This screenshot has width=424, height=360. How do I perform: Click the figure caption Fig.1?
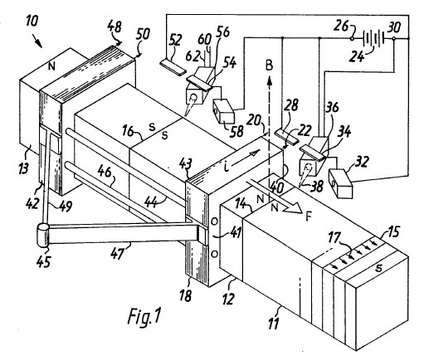pyautogui.click(x=144, y=316)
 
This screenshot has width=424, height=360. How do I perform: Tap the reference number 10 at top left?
pyautogui.click(x=32, y=21)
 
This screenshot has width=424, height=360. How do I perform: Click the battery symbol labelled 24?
pyautogui.click(x=373, y=38)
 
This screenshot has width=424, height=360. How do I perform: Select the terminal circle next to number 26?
pyautogui.click(x=352, y=38)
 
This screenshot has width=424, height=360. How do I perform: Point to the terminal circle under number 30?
pyautogui.click(x=394, y=38)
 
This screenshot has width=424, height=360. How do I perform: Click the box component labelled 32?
pyautogui.click(x=340, y=183)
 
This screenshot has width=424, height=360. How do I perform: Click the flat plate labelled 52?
pyautogui.click(x=173, y=67)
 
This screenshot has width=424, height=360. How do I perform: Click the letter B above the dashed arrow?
pyautogui.click(x=269, y=66)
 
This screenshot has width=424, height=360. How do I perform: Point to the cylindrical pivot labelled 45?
pyautogui.click(x=43, y=236)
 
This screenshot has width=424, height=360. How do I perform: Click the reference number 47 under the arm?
pyautogui.click(x=118, y=253)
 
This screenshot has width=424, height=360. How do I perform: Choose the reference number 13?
pyautogui.click(x=23, y=168)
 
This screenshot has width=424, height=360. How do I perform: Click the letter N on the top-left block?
pyautogui.click(x=51, y=66)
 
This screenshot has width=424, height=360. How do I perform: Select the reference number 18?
pyautogui.click(x=186, y=295)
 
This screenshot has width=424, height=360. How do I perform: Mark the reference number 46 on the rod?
pyautogui.click(x=105, y=173)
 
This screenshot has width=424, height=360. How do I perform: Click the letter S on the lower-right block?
pyautogui.click(x=379, y=267)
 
